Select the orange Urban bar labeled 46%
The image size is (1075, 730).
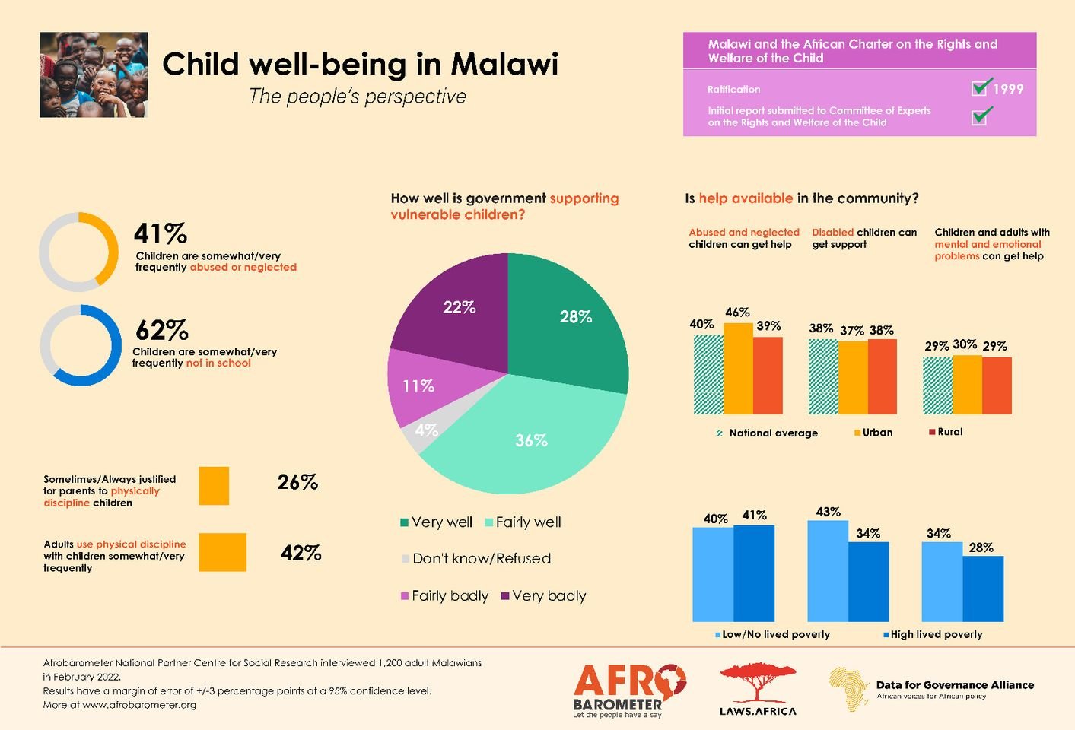[738, 369]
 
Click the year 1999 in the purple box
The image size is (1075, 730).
[1008, 89]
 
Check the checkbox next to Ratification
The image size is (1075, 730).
[980, 87]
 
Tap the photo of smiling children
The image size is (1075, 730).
[94, 75]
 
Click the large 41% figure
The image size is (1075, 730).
[161, 233]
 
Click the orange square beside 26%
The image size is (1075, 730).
[214, 486]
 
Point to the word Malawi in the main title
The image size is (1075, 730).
[504, 64]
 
